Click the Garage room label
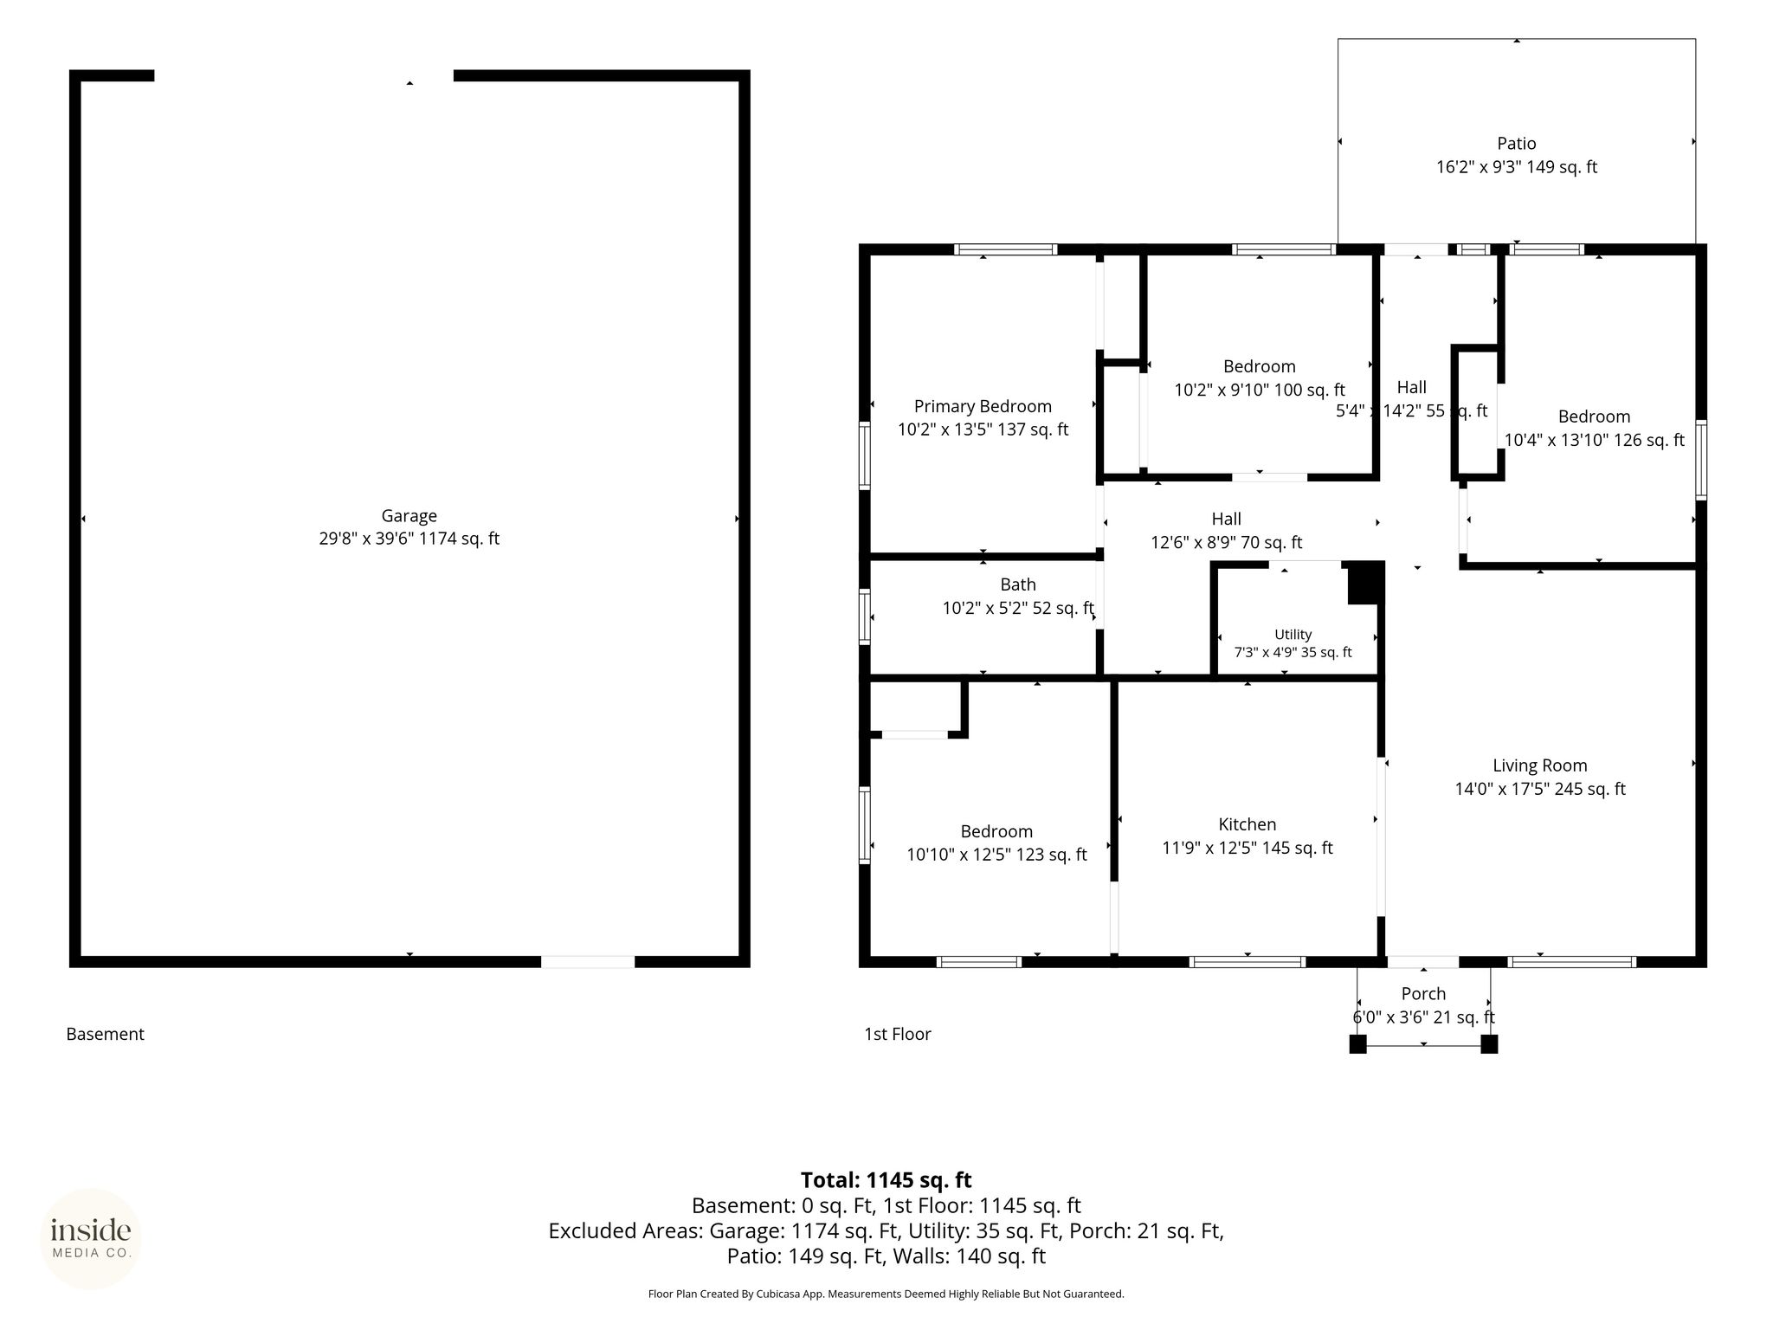pos(409,515)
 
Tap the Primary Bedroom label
pos(983,406)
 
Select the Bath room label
pos(1018,584)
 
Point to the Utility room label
pos(1293,635)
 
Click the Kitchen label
pos(1247,824)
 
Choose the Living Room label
pos(1539,765)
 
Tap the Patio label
pos(1517,144)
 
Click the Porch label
pos(1423,993)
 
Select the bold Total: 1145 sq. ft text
pos(886,1180)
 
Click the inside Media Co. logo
pos(91,1238)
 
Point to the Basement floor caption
pos(105,1034)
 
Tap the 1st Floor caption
pos(897,1034)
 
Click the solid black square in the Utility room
pos(1365,583)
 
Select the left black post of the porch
pos(1357,1044)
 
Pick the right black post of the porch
pos(1489,1044)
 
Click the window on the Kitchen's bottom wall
pos(1247,961)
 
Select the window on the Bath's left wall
pos(864,617)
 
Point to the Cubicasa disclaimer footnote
pos(886,1294)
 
